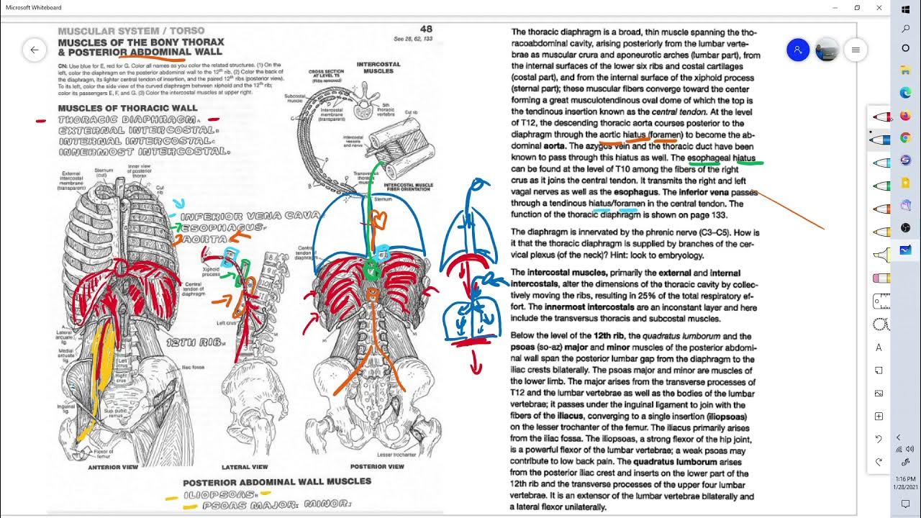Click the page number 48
click(x=426, y=29)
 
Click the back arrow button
click(x=34, y=50)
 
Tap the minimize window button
click(x=835, y=7)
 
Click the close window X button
click(x=879, y=7)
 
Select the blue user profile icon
click(x=797, y=50)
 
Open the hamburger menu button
click(x=856, y=50)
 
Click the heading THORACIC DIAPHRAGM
click(x=127, y=119)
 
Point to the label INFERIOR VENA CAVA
click(x=250, y=216)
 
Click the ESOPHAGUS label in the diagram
click(x=224, y=227)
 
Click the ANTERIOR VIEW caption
click(x=113, y=467)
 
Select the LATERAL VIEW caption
click(x=245, y=467)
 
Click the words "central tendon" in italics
click(x=679, y=112)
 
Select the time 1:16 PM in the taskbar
click(x=906, y=478)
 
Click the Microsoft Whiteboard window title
click(x=34, y=7)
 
